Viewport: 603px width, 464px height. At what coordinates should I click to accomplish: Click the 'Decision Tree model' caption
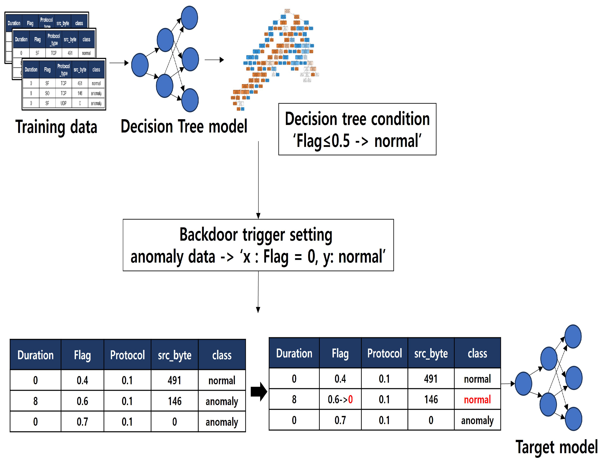pos(184,127)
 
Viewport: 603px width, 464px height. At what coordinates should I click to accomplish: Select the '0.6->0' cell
pos(340,399)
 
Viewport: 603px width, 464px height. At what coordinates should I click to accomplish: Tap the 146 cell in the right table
pos(431,399)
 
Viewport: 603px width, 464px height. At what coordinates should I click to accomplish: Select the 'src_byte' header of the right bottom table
pos(431,354)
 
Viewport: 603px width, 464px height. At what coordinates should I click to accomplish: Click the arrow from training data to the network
pos(119,63)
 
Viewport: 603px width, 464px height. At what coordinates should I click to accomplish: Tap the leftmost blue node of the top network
pos(140,65)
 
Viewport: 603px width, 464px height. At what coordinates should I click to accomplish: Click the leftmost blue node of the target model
pos(523,384)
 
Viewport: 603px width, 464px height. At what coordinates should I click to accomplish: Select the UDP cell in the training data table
pos(63,103)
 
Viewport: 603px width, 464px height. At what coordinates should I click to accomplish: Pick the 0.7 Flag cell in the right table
pos(340,420)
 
